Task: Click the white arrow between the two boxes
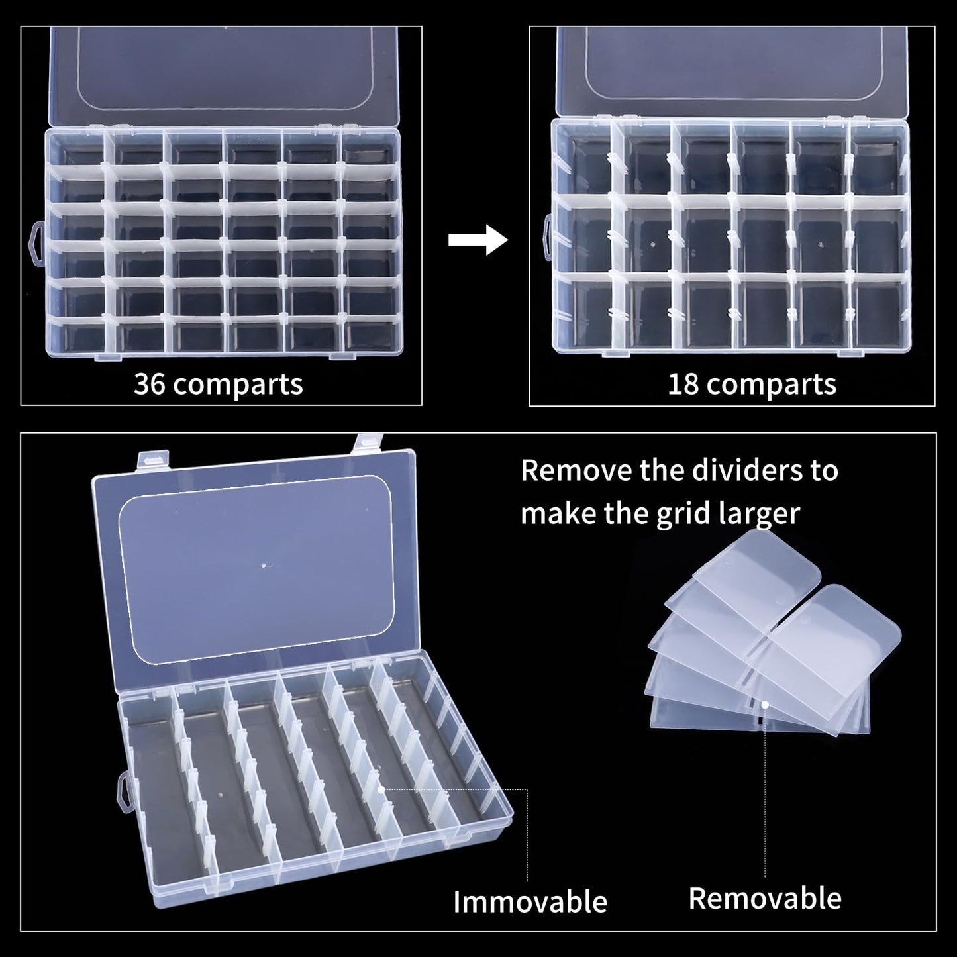(478, 239)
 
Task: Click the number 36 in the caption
(149, 384)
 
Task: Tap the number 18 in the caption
(683, 384)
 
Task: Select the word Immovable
(530, 901)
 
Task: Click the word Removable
(765, 898)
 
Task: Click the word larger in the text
(761, 513)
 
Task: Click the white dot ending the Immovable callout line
(381, 789)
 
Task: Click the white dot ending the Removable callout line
(765, 706)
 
